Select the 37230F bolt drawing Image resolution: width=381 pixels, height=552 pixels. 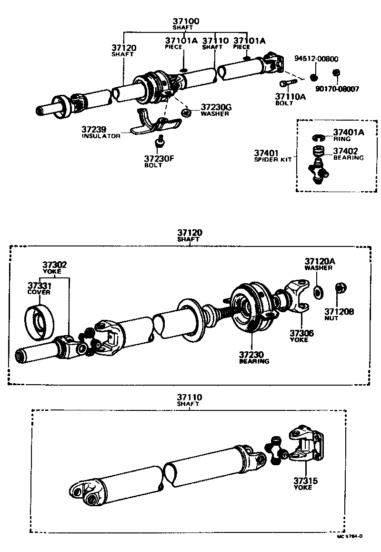coord(160,142)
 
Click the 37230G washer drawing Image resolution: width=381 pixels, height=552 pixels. coord(186,113)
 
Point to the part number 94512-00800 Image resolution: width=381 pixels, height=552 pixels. coord(316,59)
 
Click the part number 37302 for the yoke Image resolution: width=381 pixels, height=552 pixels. coord(54,265)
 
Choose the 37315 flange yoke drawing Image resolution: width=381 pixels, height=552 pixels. coord(305,446)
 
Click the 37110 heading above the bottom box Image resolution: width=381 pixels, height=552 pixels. coord(189,397)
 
